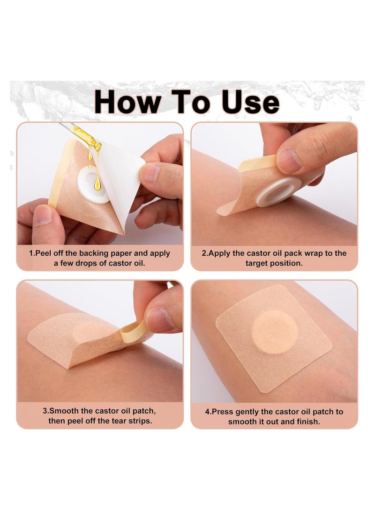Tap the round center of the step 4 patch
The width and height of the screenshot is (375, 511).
pos(275,332)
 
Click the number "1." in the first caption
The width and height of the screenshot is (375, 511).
pos(32,253)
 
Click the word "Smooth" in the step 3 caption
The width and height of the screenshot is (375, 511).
pos(65,411)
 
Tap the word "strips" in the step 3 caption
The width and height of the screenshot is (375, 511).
pos(140,421)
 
